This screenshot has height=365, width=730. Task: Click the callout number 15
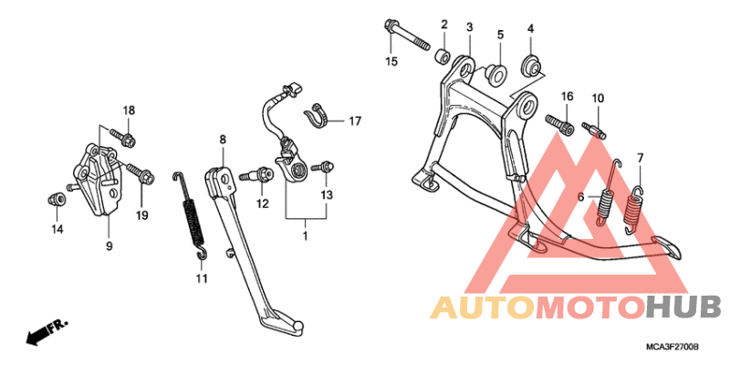click(391, 61)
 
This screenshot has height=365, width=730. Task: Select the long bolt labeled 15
click(406, 36)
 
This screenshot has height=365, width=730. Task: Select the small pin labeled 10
click(595, 130)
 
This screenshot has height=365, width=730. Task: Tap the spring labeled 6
click(609, 193)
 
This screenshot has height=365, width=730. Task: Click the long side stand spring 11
click(192, 214)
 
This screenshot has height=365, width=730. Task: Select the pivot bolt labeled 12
click(256, 175)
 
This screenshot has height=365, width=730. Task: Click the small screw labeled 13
click(324, 166)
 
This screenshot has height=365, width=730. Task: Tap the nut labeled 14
click(55, 200)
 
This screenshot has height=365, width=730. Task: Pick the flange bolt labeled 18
click(123, 137)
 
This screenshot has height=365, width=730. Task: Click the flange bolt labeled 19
click(141, 173)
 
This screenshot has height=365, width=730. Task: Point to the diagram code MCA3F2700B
click(672, 348)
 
